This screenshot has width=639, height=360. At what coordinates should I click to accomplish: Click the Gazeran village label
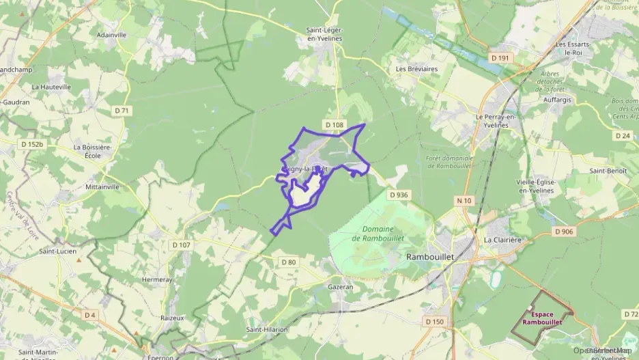(x=341, y=287)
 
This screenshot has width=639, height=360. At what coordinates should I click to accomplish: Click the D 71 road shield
(x=122, y=110)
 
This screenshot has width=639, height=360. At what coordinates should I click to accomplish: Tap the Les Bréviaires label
(x=416, y=69)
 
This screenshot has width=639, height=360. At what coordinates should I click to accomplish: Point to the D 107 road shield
(x=182, y=245)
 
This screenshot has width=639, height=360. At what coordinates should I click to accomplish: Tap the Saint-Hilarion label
(x=268, y=329)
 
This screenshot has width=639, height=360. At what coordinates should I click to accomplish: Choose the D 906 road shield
(x=564, y=232)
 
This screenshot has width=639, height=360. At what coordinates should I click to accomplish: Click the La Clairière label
(x=502, y=240)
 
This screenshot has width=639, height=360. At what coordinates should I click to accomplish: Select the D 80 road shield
(x=289, y=262)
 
